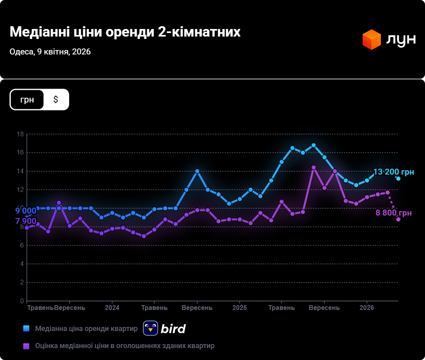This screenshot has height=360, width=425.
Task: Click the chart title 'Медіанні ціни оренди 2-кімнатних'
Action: point(125,32)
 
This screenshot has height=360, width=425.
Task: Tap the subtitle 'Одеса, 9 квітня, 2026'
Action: point(50,52)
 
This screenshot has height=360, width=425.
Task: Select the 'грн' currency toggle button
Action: point(27,99)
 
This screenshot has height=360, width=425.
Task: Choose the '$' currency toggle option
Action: point(56,99)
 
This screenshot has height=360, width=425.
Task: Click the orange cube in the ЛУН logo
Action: point(372,39)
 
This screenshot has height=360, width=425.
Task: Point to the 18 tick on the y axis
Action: point(20,134)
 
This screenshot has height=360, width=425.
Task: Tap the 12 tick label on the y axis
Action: point(20,190)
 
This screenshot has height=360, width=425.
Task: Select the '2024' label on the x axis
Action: point(112,308)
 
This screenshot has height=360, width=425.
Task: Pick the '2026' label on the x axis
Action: point(367,308)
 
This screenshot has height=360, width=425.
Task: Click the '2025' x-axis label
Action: point(239,308)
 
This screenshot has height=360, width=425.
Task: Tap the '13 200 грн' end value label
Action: point(394,172)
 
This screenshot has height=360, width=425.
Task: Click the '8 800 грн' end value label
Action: point(394,213)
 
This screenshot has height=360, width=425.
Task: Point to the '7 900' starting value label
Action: point(26,221)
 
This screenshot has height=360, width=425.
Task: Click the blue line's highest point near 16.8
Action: point(314,145)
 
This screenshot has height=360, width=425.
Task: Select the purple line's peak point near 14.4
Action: point(314,168)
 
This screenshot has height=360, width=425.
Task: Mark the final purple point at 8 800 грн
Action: point(398,219)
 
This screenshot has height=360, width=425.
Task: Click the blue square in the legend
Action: point(26,329)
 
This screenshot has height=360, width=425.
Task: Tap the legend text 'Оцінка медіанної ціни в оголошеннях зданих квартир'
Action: point(125,346)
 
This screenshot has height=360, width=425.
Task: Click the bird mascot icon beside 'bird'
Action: point(151,328)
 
